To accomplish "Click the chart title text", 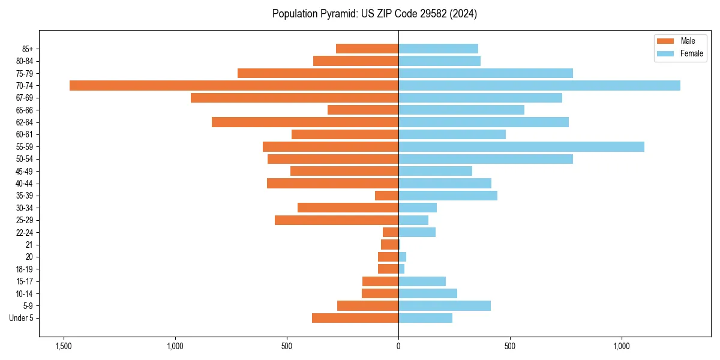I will (x=374, y=14).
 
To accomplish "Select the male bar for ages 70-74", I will (x=234, y=85).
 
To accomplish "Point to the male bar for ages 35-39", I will (x=386, y=196).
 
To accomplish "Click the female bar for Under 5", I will (x=425, y=318).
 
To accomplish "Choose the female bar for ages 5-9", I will (x=444, y=306).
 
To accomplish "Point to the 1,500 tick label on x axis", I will (x=64, y=346).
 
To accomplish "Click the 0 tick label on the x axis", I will (x=398, y=346).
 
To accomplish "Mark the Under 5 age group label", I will (x=25, y=318).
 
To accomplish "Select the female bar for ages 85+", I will (x=438, y=49).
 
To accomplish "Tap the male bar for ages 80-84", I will (x=355, y=61).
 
